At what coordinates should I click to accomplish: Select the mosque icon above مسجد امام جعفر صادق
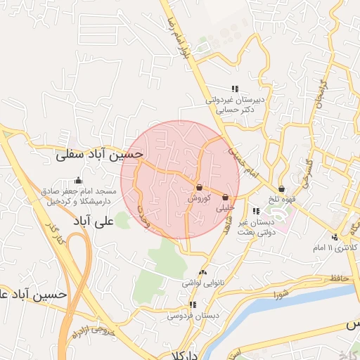point(77,181)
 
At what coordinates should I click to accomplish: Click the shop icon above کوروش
point(200,188)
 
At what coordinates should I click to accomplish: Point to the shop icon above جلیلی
point(225,198)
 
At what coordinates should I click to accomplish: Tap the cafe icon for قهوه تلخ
point(281,188)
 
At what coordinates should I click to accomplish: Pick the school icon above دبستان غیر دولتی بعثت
point(255,211)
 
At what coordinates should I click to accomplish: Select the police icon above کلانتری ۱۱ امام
point(335,238)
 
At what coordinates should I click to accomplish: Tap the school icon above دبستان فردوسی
point(192,305)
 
